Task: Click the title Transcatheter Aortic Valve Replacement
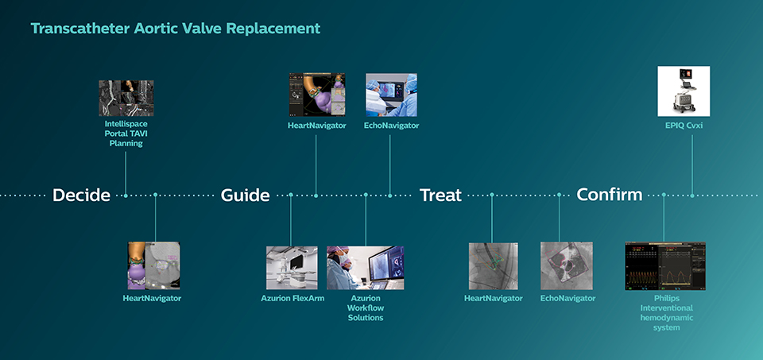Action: pyautogui.click(x=175, y=29)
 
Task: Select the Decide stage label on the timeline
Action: pyautogui.click(x=81, y=195)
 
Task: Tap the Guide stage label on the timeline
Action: pyautogui.click(x=245, y=195)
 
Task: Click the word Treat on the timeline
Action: pyautogui.click(x=440, y=195)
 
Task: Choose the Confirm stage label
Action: pyautogui.click(x=609, y=195)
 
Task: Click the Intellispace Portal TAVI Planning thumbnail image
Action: pyautogui.click(x=126, y=98)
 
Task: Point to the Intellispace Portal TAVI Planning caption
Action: pyautogui.click(x=126, y=134)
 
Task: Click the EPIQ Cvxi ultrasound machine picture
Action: pyautogui.click(x=684, y=91)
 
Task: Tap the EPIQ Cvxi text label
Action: pyautogui.click(x=684, y=125)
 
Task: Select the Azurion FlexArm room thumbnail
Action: pyautogui.click(x=292, y=267)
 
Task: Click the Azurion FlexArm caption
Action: pyautogui.click(x=292, y=298)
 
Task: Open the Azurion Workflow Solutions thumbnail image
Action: pyautogui.click(x=365, y=267)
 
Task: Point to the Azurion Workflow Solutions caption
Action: pyautogui.click(x=365, y=308)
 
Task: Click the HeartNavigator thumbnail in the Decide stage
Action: pyautogui.click(x=154, y=265)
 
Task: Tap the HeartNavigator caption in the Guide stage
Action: pyautogui.click(x=316, y=126)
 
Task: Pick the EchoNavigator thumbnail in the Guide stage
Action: pyautogui.click(x=390, y=95)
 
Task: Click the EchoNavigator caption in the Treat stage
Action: pyautogui.click(x=567, y=298)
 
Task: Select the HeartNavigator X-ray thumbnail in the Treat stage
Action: pyautogui.click(x=493, y=265)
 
